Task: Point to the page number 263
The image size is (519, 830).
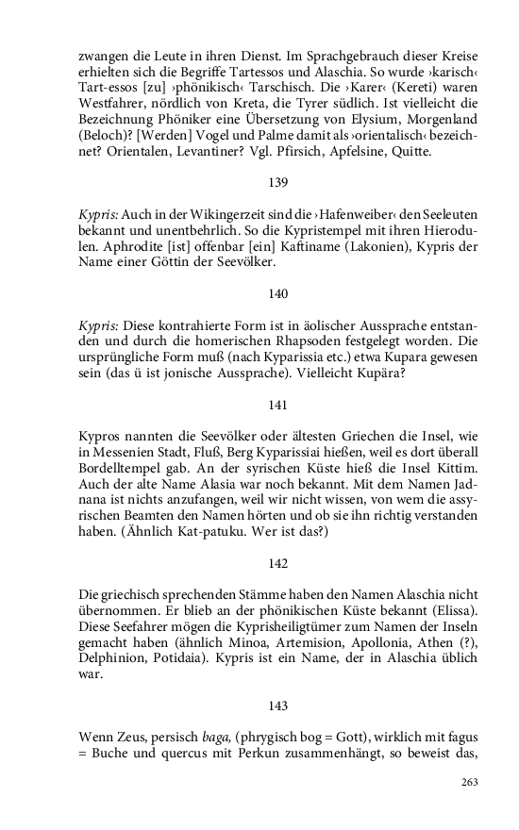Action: pyautogui.click(x=470, y=782)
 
